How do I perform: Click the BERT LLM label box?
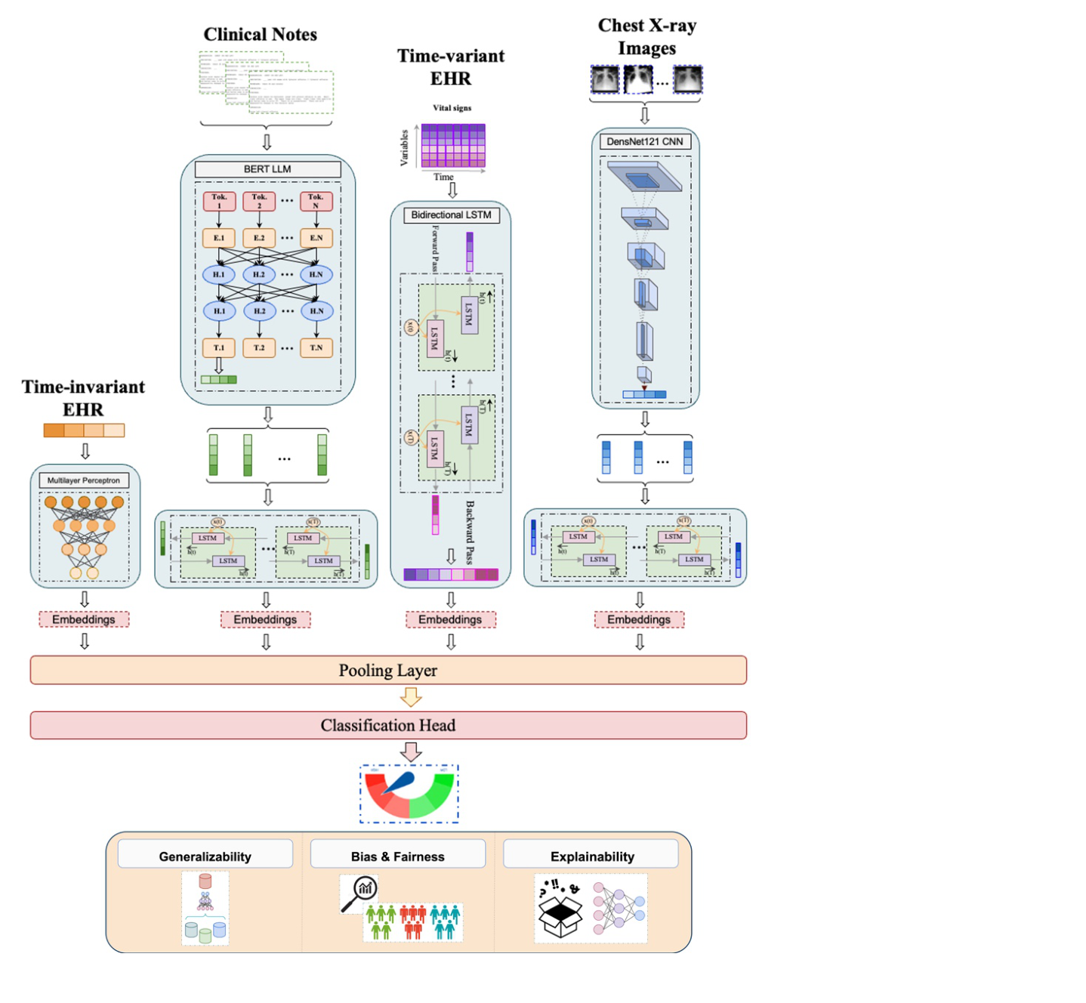pyautogui.click(x=267, y=169)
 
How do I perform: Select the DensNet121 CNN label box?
pyautogui.click(x=644, y=141)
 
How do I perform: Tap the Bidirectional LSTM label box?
pyautogui.click(x=451, y=215)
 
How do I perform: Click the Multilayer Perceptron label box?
pyautogui.click(x=84, y=480)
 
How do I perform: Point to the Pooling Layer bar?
pyautogui.click(x=388, y=671)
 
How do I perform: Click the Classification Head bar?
pyautogui.click(x=388, y=725)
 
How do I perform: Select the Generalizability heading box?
pyautogui.click(x=205, y=856)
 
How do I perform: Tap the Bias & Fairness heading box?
pyautogui.click(x=397, y=856)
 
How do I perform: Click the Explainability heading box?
pyautogui.click(x=591, y=856)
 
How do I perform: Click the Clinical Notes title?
pyautogui.click(x=260, y=35)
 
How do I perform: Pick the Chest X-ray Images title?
pyautogui.click(x=646, y=36)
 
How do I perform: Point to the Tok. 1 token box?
pyautogui.click(x=219, y=201)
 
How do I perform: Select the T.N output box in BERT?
pyautogui.click(x=316, y=347)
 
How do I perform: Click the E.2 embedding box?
pyautogui.click(x=259, y=238)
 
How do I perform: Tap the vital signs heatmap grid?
pyautogui.click(x=453, y=146)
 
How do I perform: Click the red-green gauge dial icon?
pyautogui.click(x=409, y=794)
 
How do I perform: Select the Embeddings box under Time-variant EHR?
pyautogui.click(x=450, y=619)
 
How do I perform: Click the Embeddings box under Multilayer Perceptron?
pyautogui.click(x=84, y=619)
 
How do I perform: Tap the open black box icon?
pyautogui.click(x=560, y=916)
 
